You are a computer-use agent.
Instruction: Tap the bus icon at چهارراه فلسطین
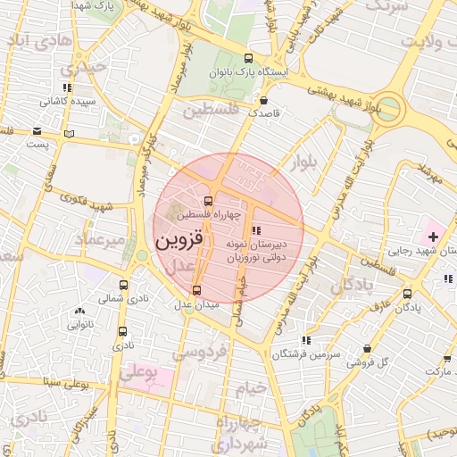click(x=208, y=201)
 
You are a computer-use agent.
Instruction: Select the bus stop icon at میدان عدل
click(x=196, y=290)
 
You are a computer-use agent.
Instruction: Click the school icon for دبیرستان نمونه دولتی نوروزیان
click(x=257, y=231)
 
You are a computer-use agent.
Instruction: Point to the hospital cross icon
click(x=434, y=237)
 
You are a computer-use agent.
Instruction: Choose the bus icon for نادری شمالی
click(x=123, y=286)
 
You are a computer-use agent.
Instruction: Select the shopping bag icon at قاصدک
click(x=264, y=100)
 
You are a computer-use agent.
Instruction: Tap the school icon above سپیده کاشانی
click(x=67, y=88)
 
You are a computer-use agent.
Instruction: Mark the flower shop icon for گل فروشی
click(x=367, y=349)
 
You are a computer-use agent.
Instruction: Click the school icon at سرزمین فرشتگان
click(x=306, y=340)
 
